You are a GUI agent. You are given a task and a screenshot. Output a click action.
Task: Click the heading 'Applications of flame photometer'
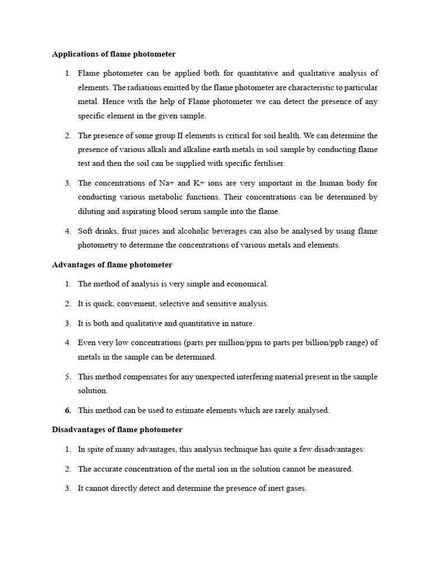pyautogui.click(x=114, y=54)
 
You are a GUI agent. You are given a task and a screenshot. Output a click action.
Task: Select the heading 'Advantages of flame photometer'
pyautogui.click(x=112, y=265)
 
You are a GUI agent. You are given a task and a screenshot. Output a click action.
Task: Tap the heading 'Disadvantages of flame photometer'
pyautogui.click(x=117, y=430)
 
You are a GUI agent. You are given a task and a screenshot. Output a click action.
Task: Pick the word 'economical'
pyautogui.click(x=248, y=284)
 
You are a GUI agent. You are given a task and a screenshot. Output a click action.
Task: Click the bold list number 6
pyautogui.click(x=68, y=410)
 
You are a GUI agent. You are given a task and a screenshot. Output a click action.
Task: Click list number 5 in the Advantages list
pyautogui.click(x=68, y=377)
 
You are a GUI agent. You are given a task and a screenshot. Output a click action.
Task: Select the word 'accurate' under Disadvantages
pyautogui.click(x=110, y=469)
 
